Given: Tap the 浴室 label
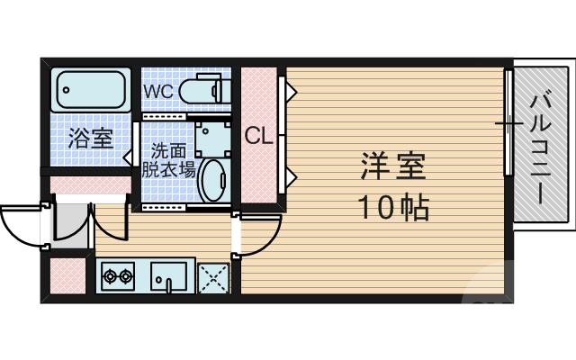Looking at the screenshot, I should [x=91, y=139].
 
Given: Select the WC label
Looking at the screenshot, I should [x=158, y=91].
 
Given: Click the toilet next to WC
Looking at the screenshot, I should [x=200, y=91].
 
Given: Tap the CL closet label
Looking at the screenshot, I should [x=259, y=137].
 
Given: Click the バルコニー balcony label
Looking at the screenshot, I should [x=540, y=148].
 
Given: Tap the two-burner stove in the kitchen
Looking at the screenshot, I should [x=118, y=275].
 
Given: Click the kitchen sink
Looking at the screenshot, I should [x=168, y=275].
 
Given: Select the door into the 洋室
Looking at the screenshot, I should [x=255, y=236].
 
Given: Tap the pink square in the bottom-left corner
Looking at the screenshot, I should [x=67, y=277].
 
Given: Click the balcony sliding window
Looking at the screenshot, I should [x=508, y=124].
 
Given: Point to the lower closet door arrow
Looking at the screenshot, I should [x=290, y=174].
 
